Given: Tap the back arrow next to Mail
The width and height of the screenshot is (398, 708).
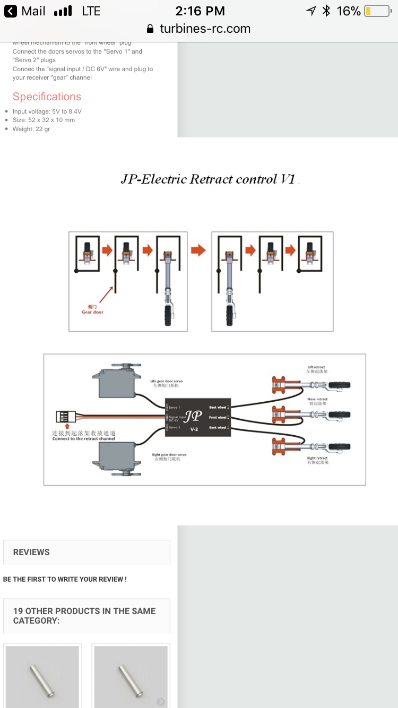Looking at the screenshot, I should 11,11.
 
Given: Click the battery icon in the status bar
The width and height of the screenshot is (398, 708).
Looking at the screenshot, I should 377,11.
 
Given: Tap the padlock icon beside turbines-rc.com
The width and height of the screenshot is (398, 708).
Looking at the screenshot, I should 150,29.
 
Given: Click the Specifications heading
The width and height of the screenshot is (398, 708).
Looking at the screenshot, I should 47,97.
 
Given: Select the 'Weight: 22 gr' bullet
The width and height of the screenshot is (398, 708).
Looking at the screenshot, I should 31,129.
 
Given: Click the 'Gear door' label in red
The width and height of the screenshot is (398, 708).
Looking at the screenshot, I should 92,312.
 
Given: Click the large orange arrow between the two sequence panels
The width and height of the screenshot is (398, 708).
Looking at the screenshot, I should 198,249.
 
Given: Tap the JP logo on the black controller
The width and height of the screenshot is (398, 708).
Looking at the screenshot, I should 194,416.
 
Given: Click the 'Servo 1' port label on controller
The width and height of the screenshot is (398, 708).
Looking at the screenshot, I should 175,408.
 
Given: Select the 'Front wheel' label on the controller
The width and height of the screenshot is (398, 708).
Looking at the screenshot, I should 218,418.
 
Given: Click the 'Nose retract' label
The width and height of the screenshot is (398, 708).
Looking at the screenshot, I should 317,399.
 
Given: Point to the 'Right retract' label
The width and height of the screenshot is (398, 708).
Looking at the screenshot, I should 317,458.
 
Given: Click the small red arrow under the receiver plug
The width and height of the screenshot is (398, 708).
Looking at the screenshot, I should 67,426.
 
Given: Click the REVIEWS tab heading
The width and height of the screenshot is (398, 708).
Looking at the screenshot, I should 31,552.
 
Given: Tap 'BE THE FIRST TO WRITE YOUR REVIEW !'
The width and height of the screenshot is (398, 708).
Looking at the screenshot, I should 65,579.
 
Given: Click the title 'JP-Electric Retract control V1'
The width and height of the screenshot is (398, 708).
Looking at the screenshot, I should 207,179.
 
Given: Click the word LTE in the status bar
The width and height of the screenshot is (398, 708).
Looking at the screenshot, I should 91,11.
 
